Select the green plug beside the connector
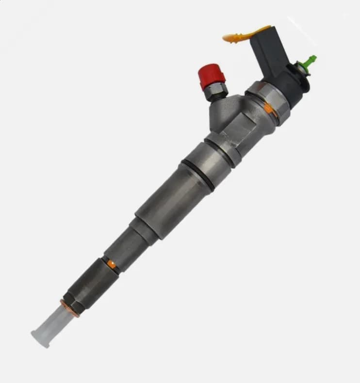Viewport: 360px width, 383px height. point(309,62)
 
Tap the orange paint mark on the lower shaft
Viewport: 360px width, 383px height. point(112,264)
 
